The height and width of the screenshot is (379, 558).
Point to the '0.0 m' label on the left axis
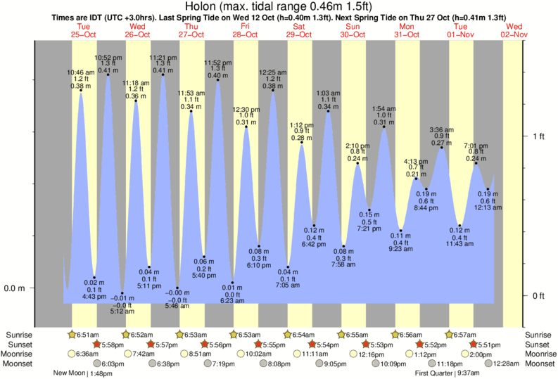click(x=15, y=288)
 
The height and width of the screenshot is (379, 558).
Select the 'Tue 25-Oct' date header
click(x=84, y=30)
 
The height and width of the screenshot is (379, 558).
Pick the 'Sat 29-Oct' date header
click(x=300, y=30)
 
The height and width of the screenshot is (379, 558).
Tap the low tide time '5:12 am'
click(x=122, y=311)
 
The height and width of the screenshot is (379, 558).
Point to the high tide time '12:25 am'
click(x=272, y=72)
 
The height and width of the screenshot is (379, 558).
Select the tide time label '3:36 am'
click(x=442, y=129)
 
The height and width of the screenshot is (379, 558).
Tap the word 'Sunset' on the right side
click(x=538, y=345)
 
